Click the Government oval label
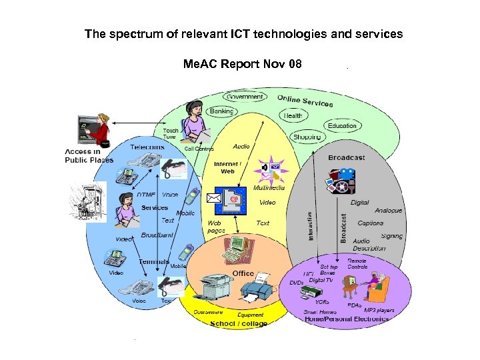tap(244, 97)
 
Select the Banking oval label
tap(221, 111)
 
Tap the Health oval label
tap(293, 115)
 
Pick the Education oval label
tap(342, 126)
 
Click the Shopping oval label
tap(307, 137)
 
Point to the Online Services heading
tap(305, 101)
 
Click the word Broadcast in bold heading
tap(346, 158)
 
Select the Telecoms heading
tap(147, 147)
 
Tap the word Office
tap(243, 273)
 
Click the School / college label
tap(239, 324)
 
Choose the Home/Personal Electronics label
tap(347, 319)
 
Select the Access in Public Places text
tap(89, 156)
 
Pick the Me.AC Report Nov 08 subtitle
tap(243, 65)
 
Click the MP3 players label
tap(379, 310)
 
